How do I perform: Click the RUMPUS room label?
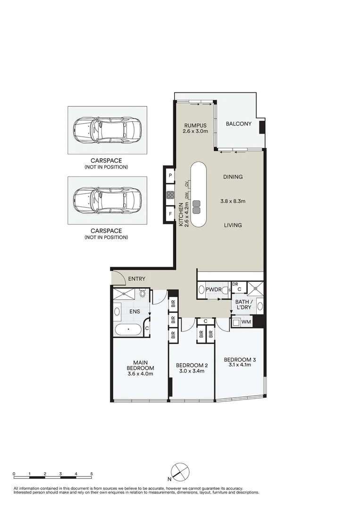coord(195,125)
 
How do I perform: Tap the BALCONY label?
coord(238,124)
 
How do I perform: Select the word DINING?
coord(233,177)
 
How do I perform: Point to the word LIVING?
coord(233,225)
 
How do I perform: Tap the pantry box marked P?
coord(170,176)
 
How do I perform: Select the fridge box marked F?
coord(170,214)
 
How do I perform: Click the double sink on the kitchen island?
coord(196,207)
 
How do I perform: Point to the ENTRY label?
coord(136,279)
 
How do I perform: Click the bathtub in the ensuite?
coord(128,330)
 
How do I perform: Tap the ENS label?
coord(134,311)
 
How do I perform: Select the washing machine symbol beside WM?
coord(236,323)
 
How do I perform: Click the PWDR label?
coord(213,289)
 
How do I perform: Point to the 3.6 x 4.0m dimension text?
coord(140,374)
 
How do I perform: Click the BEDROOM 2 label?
coord(192,365)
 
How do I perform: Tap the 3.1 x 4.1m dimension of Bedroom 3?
coord(240,365)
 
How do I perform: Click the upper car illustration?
coord(107,130)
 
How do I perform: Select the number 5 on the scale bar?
coord(92,474)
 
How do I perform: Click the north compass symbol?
coord(180,471)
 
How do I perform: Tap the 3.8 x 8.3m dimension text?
coord(233,201)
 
